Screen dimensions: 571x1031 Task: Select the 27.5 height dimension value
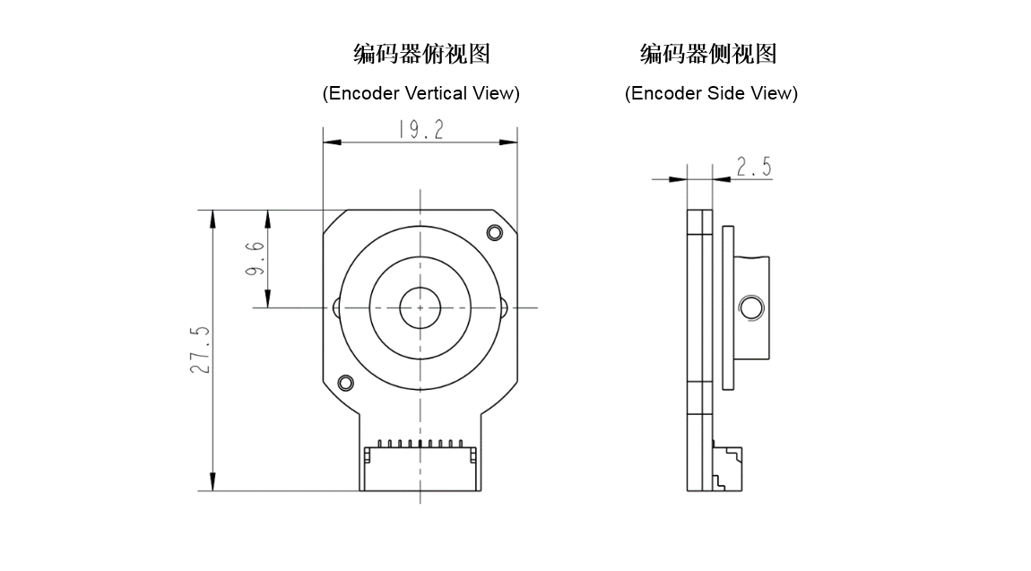click(x=200, y=350)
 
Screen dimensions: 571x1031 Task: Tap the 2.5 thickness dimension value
click(x=753, y=167)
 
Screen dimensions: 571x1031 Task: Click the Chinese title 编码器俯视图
click(x=421, y=55)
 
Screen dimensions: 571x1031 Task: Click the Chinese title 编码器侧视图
click(x=708, y=55)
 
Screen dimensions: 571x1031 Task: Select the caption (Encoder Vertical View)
click(x=421, y=93)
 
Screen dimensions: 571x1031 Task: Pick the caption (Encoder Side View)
click(x=711, y=93)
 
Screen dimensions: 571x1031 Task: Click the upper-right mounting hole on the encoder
click(x=494, y=233)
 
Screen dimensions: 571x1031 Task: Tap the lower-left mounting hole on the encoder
click(x=345, y=384)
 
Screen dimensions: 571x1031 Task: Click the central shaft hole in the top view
click(x=420, y=308)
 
